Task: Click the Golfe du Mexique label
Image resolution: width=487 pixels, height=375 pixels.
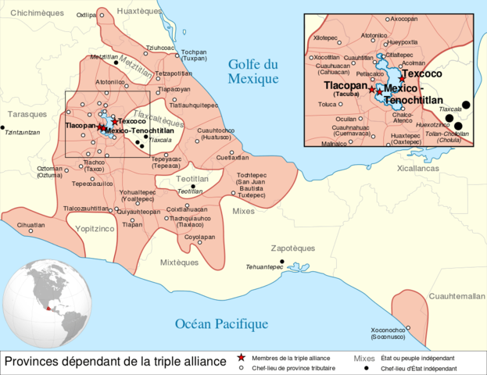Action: coord(252,72)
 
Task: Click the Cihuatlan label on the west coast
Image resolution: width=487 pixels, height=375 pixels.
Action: coord(30,225)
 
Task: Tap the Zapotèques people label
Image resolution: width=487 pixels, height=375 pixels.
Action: coord(292,248)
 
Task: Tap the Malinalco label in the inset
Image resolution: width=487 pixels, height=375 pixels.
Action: coord(334,144)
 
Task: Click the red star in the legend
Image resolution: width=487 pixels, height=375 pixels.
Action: coord(242,357)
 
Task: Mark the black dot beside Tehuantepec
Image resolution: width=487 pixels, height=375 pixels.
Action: coord(282,262)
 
